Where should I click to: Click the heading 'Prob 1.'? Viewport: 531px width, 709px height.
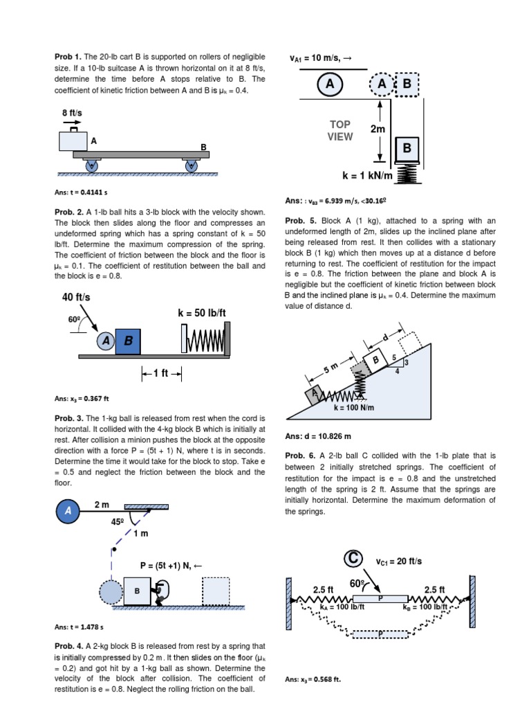click(68, 56)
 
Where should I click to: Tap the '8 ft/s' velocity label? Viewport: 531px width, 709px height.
click(73, 112)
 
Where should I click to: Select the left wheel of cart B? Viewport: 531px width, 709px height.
click(91, 165)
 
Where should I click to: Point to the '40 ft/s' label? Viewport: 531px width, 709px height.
click(76, 297)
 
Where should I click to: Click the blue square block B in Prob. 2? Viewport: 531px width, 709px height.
click(128, 341)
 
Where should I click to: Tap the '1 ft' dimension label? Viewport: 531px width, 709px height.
click(161, 373)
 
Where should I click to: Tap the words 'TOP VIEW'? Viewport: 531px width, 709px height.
click(340, 130)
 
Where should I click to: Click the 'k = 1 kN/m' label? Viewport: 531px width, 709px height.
click(367, 176)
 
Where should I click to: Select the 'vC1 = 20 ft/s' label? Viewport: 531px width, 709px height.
click(398, 561)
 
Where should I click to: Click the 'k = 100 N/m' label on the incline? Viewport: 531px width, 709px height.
click(353, 407)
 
